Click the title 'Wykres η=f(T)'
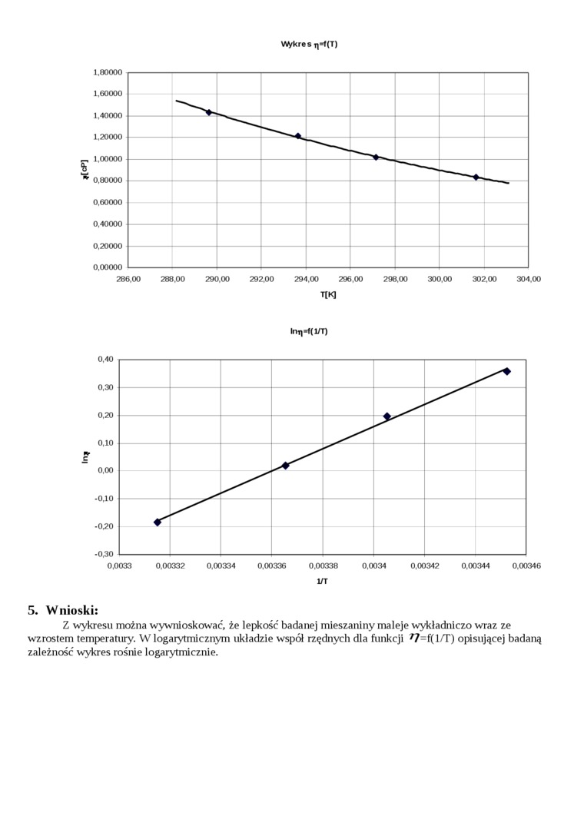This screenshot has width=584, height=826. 309,44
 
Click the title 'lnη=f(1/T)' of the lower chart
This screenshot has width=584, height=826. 309,331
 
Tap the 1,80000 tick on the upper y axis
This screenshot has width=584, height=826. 108,72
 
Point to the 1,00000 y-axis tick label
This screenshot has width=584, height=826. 108,159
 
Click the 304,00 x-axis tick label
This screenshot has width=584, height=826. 529,279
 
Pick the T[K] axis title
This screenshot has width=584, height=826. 328,294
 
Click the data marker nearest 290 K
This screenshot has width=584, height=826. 209,112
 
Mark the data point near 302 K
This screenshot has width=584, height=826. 476,177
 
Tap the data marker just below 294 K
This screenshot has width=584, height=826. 298,136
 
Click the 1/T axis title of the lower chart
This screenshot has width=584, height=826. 323,582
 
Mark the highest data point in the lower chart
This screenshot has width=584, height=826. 507,371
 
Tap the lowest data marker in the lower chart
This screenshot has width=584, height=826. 158,522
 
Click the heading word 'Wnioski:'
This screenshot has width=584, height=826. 72,611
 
